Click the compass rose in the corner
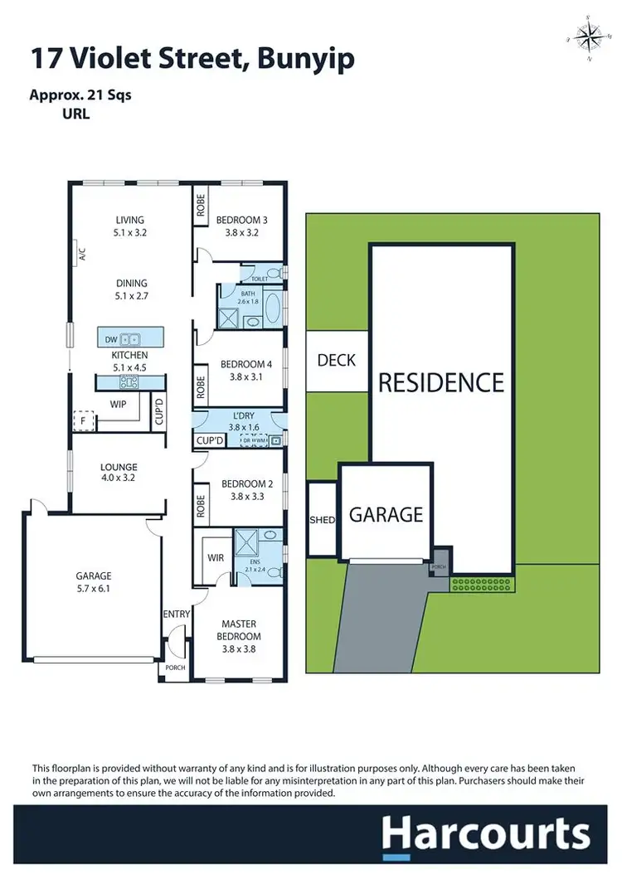pos(590,37)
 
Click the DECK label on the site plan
pos(337,359)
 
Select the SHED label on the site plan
pos(322,520)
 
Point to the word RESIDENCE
pos(441,382)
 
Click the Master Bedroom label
pos(238,630)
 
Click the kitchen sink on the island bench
pos(129,338)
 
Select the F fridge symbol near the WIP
pos(82,420)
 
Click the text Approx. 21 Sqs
pos(80,95)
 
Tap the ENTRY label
pos(177,614)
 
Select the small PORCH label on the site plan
pos(440,567)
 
